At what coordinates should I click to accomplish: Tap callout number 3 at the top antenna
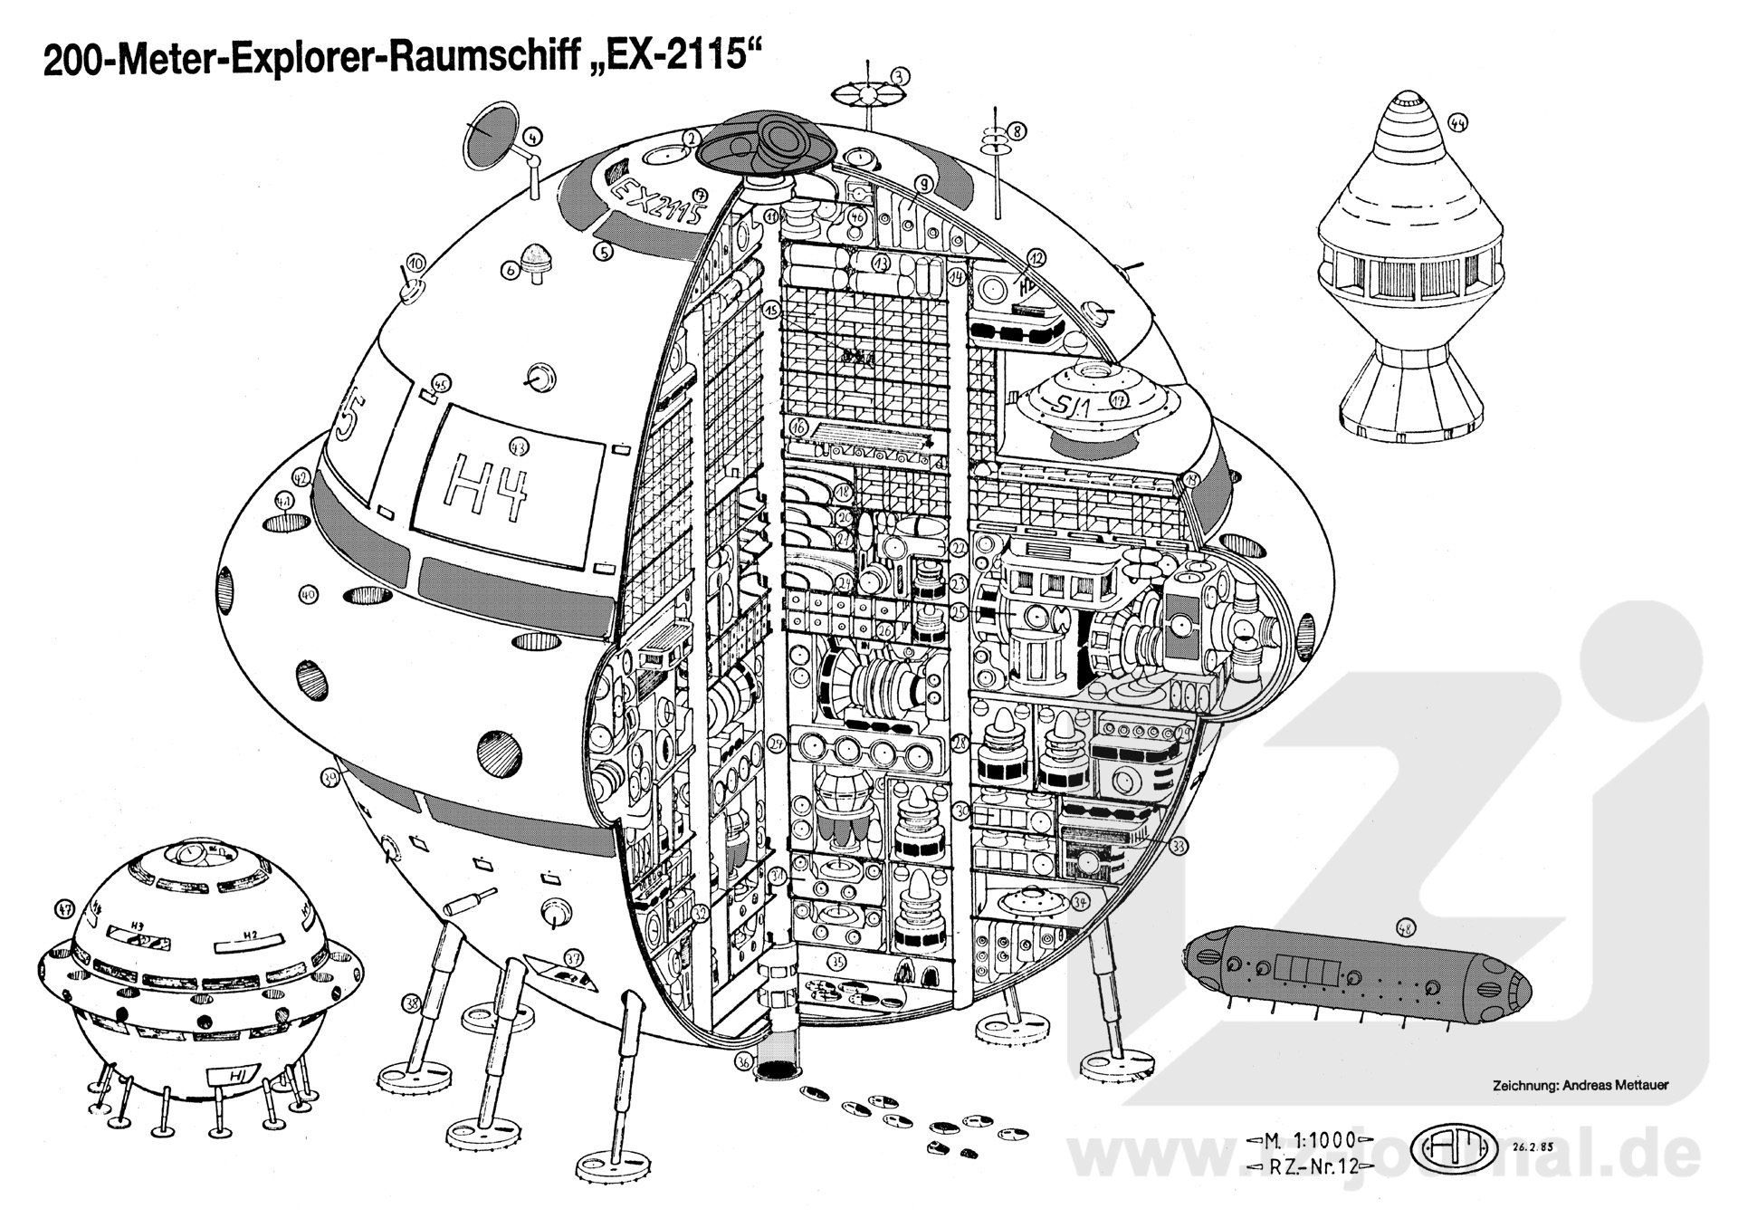tap(898, 77)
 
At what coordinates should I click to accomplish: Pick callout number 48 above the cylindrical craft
tap(1405, 928)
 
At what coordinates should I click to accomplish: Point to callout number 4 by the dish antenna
tap(534, 138)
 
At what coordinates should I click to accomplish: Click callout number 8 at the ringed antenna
tap(1017, 131)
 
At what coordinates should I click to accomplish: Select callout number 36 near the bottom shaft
tap(744, 1060)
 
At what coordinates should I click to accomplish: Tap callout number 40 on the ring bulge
tap(309, 595)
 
